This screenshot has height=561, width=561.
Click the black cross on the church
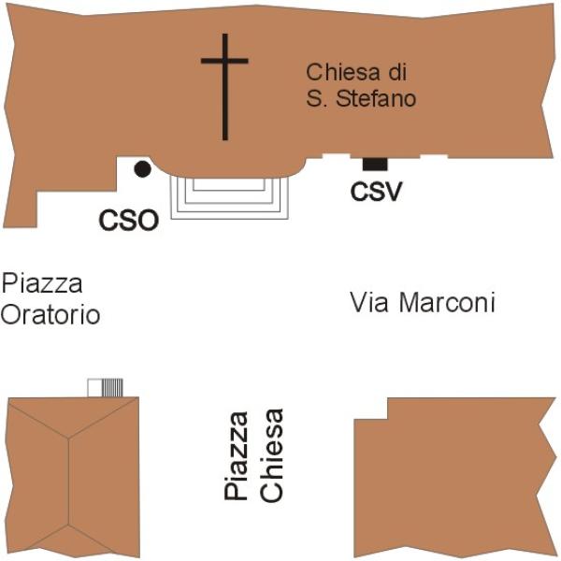[224, 87]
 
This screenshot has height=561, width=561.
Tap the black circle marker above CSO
[142, 169]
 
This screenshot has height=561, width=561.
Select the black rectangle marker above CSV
[375, 165]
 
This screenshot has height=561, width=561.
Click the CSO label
[129, 221]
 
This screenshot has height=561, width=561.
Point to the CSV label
[377, 192]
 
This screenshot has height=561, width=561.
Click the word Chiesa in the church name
[342, 72]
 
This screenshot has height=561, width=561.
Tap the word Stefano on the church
[376, 98]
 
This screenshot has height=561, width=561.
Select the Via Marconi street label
[423, 302]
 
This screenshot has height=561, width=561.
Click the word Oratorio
[50, 315]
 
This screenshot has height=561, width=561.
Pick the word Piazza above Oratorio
[42, 283]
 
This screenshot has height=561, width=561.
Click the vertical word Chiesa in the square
[271, 455]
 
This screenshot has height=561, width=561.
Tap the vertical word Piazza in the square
[236, 455]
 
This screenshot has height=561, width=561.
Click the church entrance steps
[229, 198]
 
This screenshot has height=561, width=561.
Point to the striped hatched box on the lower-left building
[112, 387]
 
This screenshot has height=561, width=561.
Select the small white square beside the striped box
[95, 387]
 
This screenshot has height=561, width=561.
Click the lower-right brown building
[455, 478]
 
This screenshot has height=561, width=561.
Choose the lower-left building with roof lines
[73, 478]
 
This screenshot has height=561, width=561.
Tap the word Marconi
[447, 302]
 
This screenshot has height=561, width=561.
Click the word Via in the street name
[369, 302]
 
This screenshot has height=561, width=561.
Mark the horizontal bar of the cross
[224, 61]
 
